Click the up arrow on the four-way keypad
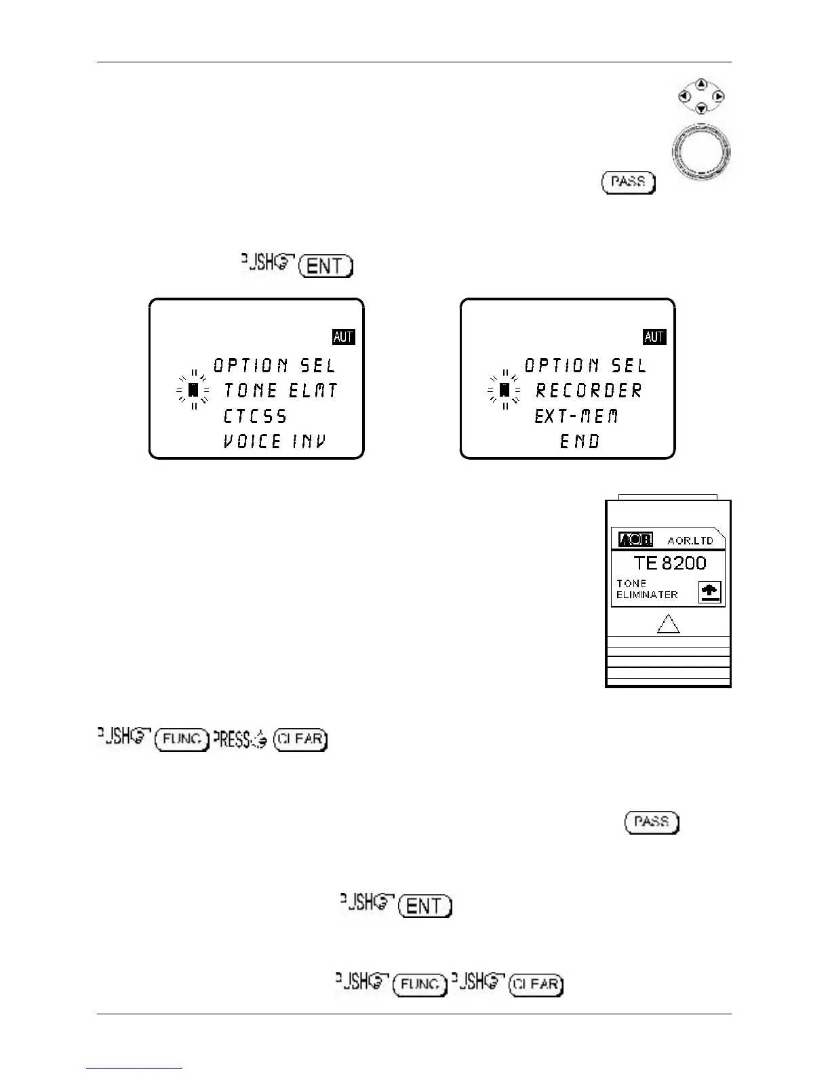702,84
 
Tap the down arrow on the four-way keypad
702,109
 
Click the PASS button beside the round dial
628,182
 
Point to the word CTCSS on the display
255,416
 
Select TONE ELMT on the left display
280,391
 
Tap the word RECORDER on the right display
589,391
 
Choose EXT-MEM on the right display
576,416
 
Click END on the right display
580,442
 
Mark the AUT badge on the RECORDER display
654,337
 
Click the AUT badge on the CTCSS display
344,337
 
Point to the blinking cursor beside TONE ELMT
193,391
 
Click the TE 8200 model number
669,563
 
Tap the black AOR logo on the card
635,540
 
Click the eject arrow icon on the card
711,593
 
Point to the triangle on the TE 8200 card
669,624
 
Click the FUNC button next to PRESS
181,739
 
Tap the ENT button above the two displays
327,266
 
